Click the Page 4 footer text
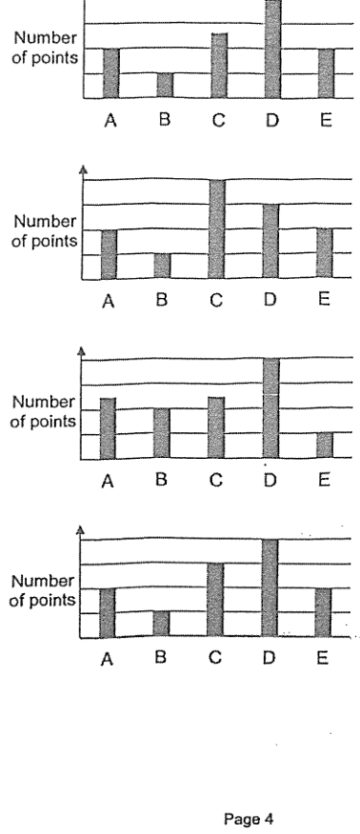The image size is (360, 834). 249,819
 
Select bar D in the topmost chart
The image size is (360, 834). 272,49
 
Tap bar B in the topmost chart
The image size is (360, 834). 165,85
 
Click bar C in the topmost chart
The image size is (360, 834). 219,66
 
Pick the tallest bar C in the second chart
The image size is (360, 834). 217,228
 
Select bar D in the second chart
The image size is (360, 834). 270,241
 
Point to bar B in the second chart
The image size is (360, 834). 162,266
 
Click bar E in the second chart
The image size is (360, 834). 325,253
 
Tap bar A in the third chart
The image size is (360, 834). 108,428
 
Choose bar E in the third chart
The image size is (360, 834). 325,446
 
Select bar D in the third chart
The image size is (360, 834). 270,408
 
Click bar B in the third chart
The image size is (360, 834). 162,433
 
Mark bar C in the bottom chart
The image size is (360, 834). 215,600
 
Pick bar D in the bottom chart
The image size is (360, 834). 270,587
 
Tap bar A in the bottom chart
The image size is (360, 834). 107,612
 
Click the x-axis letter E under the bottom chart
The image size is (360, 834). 322,659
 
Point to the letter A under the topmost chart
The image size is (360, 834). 110,121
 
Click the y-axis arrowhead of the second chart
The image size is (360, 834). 83,169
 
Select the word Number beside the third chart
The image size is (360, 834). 44,402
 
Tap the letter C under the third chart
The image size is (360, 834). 215,480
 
